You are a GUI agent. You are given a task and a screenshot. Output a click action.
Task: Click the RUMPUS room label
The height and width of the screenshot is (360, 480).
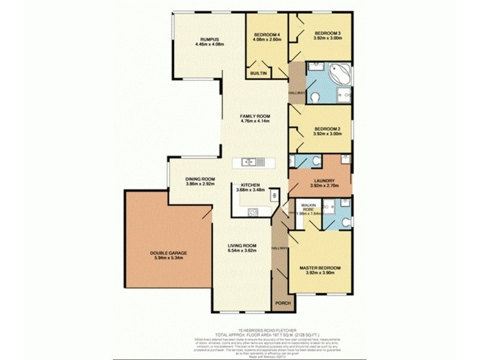[208, 38]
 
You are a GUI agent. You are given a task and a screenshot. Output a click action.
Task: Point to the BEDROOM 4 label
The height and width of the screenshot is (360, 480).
[268, 34]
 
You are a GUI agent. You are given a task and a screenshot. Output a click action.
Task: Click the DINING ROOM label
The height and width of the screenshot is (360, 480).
[200, 179]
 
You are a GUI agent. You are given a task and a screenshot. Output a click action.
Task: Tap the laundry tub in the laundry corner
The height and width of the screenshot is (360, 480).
[345, 159]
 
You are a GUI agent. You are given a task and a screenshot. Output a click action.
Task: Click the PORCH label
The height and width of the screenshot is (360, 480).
[283, 304]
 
